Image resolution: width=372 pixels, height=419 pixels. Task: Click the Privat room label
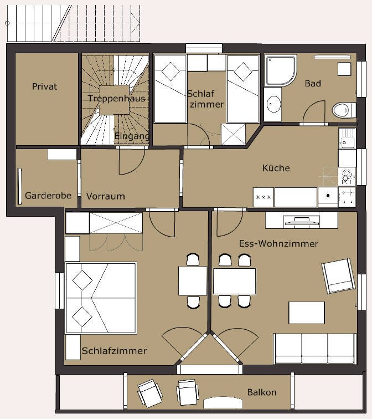(x=45, y=86)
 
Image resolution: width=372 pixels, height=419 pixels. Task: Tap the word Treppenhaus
(x=117, y=98)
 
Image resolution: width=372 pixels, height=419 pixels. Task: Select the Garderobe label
(x=48, y=196)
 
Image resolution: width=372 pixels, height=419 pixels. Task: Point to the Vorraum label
(x=106, y=196)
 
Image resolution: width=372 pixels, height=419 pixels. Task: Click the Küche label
(x=276, y=168)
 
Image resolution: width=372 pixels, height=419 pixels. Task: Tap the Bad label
(x=313, y=83)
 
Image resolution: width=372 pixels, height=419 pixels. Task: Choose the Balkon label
(x=262, y=392)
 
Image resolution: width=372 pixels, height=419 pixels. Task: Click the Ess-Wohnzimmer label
(x=278, y=244)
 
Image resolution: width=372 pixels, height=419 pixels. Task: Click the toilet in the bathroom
(x=344, y=110)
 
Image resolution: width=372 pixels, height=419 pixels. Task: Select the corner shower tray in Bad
(x=280, y=70)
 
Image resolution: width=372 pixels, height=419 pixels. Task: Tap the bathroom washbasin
(x=273, y=104)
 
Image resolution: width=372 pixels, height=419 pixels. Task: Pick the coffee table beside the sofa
(x=307, y=313)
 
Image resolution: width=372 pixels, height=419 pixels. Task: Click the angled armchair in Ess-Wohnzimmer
(x=339, y=276)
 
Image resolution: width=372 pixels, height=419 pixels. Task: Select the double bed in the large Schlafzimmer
(x=101, y=298)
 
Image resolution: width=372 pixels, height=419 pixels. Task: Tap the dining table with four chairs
(x=234, y=282)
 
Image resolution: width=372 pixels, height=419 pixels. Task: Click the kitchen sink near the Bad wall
(x=347, y=139)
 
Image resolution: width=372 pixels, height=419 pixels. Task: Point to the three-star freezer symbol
(x=263, y=197)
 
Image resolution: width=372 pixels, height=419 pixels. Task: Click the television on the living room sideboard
(x=302, y=222)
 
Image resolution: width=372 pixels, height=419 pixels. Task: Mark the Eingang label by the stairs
(x=132, y=136)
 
